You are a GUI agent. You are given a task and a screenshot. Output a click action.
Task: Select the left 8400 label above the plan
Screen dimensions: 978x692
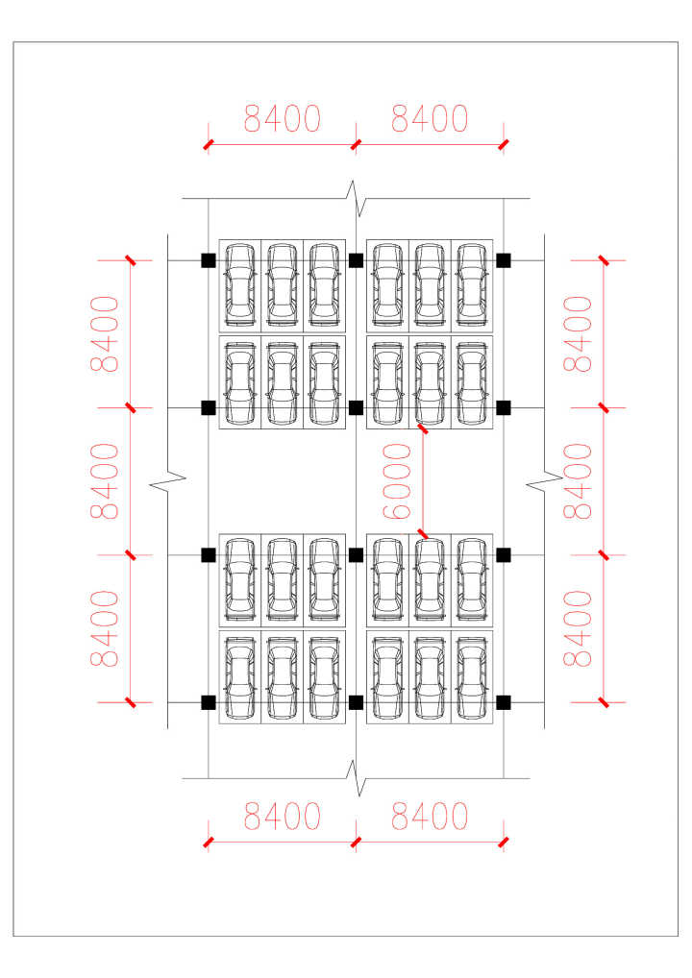(x=282, y=119)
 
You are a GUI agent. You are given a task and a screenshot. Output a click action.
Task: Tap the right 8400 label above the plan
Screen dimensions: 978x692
(x=430, y=119)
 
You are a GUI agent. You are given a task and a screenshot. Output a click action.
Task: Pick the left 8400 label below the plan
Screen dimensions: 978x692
(x=282, y=817)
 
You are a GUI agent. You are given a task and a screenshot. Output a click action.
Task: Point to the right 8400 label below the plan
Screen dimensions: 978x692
(x=430, y=817)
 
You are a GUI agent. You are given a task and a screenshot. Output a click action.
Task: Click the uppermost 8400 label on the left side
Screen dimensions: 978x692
(x=105, y=334)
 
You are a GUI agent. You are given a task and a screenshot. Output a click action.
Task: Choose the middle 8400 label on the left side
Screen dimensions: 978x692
(x=105, y=481)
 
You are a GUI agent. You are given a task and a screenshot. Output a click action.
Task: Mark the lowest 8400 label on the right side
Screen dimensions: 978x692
(x=579, y=629)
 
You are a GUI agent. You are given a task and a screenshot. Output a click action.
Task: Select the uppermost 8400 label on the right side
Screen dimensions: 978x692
(x=579, y=334)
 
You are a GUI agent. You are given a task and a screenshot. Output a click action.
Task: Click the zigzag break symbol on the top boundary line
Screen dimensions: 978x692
(x=356, y=198)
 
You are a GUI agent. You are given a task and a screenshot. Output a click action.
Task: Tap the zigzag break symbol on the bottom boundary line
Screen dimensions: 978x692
(x=358, y=778)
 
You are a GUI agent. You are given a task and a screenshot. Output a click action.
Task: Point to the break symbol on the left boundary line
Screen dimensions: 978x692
(x=168, y=480)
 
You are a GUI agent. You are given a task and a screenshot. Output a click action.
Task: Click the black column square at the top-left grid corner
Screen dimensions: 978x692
(x=208, y=260)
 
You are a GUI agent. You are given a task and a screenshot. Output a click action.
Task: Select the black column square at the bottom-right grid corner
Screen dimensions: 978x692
(x=504, y=702)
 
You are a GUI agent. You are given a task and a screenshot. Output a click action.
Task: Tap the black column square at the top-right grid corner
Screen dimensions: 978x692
(x=504, y=260)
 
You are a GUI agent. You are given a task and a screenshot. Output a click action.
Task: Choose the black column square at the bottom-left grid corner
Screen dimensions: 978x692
(x=208, y=702)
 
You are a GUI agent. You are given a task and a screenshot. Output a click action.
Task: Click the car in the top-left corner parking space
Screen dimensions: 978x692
(x=239, y=284)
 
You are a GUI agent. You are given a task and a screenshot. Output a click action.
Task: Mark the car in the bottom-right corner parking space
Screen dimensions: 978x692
(x=472, y=677)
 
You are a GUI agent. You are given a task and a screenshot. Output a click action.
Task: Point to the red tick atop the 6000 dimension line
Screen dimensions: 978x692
(x=421, y=428)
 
